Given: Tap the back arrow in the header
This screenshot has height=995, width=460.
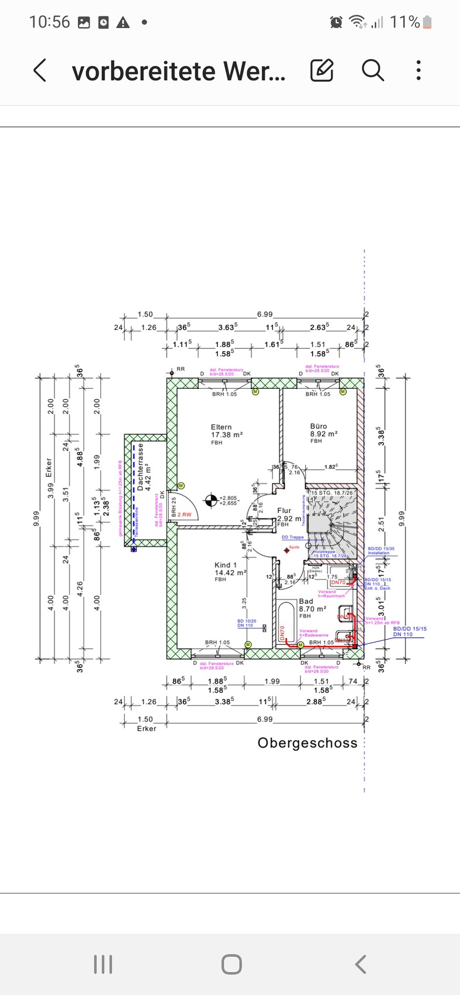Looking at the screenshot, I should (x=40, y=71).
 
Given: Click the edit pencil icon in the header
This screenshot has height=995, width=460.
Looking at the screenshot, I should (x=322, y=71).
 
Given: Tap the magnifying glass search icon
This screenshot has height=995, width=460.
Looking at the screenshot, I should (x=372, y=70).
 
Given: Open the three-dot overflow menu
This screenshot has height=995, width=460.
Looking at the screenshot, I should (x=418, y=70).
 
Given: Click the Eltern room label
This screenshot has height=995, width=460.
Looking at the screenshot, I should (x=222, y=427).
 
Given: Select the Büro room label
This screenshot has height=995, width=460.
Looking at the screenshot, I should (x=319, y=426).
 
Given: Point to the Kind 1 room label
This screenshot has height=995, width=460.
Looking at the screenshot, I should (x=226, y=565).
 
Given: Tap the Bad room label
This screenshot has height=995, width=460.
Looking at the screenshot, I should (x=306, y=601).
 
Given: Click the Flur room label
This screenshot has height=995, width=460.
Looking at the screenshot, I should (x=284, y=510).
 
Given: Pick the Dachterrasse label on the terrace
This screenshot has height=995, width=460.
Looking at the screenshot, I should (x=141, y=466).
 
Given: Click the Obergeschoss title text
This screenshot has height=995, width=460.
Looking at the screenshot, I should (x=307, y=743).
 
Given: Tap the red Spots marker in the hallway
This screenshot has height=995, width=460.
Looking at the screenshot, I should (x=287, y=550).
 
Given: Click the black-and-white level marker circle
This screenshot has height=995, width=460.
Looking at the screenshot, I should (x=210, y=500).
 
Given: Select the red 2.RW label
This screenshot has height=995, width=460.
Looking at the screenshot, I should (x=185, y=514).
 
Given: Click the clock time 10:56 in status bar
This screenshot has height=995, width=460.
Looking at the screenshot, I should (x=49, y=22).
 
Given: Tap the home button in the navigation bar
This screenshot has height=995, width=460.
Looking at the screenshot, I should (x=231, y=964).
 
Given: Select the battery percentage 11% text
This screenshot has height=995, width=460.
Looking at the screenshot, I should (x=405, y=22).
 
